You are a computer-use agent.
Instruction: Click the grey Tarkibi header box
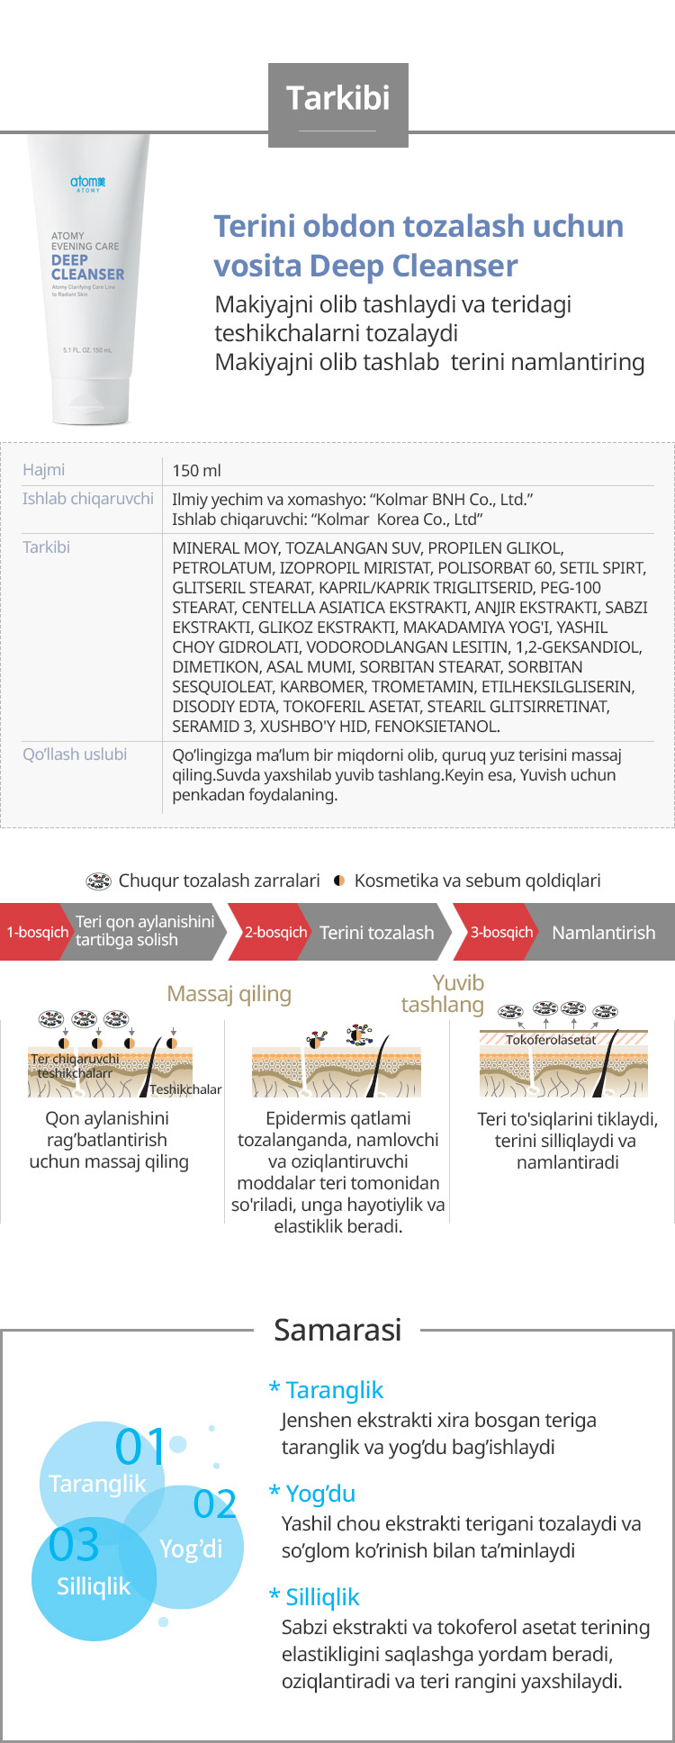[x=338, y=97]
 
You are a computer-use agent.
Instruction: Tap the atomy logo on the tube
[x=88, y=183]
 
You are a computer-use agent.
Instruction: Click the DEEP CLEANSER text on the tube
[x=87, y=267]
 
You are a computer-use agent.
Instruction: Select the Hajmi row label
[x=44, y=470]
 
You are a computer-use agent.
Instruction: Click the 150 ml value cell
[x=197, y=471]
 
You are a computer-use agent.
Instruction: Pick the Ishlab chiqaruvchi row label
[x=88, y=499]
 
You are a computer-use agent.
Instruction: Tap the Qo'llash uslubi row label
[x=75, y=754]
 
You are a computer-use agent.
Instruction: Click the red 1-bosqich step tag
[x=37, y=933]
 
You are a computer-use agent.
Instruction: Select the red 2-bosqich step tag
[x=275, y=933]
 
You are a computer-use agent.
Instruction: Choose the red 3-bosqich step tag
[x=501, y=933]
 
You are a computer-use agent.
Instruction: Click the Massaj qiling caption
[x=229, y=994]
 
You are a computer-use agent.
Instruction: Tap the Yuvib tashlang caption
[x=443, y=994]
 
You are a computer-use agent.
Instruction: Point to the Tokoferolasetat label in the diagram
[x=550, y=1040]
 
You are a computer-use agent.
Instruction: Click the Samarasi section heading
[x=337, y=1330]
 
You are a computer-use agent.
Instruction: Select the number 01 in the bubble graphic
[x=140, y=1448]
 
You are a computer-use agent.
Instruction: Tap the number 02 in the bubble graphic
[x=215, y=1504]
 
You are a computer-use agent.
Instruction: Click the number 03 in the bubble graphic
[x=74, y=1545]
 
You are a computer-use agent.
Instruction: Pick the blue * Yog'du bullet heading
[x=312, y=1494]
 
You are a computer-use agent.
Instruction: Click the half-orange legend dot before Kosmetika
[x=339, y=881]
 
